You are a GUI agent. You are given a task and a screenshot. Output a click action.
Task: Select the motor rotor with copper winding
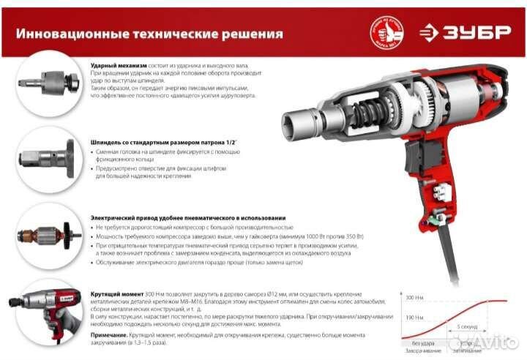pos(44,234)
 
